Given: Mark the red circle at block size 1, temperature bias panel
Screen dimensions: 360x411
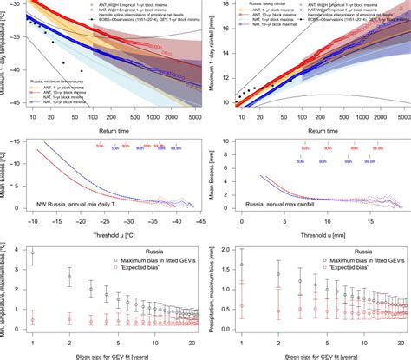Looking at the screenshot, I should pyautogui.click(x=32, y=319).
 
